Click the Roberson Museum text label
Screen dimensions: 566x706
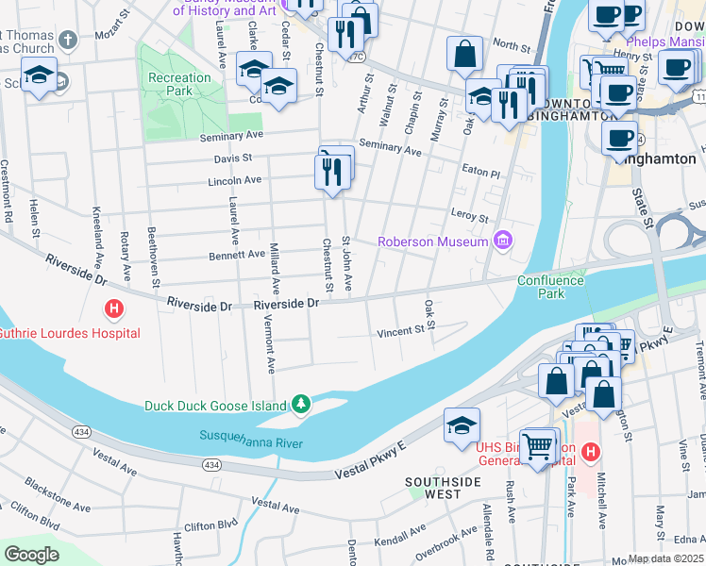tap(432, 241)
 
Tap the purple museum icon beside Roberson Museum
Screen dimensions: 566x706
tap(502, 241)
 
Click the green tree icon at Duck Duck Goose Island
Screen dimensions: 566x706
tap(301, 405)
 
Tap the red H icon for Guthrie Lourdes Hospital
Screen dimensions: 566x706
tap(113, 309)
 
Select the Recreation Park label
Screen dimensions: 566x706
tap(179, 84)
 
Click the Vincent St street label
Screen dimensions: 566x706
tap(401, 331)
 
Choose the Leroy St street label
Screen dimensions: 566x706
tap(470, 216)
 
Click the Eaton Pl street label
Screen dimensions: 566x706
tap(481, 173)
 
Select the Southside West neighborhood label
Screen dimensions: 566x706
tap(433, 488)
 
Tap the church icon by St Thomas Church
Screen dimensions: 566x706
tap(66, 40)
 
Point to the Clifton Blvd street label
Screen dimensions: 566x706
tap(212, 524)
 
